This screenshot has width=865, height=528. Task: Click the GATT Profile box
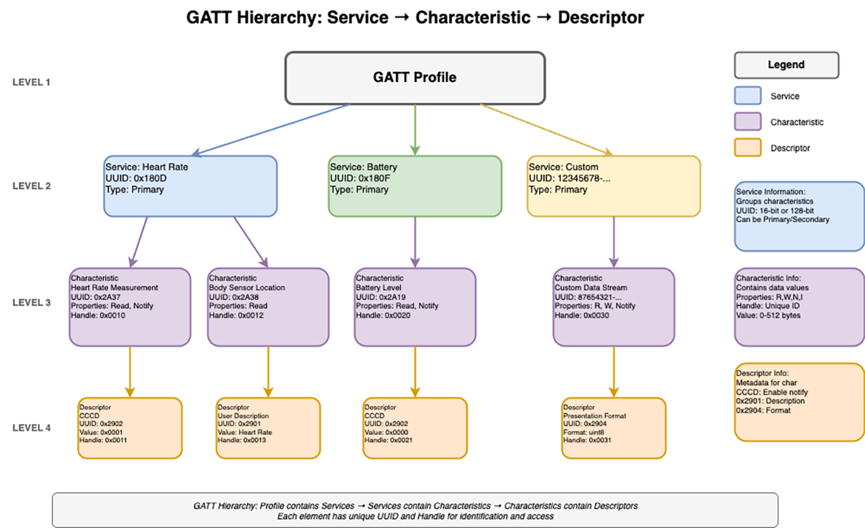(414, 77)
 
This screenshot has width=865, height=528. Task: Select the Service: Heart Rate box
(190, 186)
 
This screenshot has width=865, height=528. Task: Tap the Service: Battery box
(414, 186)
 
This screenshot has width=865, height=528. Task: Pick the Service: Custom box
(613, 186)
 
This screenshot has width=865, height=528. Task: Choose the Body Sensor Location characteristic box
(267, 307)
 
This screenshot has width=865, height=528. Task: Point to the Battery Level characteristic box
(415, 307)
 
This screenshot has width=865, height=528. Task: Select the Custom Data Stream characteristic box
(613, 307)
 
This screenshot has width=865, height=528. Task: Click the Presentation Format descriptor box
(613, 428)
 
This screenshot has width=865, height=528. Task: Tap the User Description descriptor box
(267, 428)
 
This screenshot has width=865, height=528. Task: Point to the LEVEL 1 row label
(32, 82)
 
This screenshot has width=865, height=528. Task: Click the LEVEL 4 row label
(32, 428)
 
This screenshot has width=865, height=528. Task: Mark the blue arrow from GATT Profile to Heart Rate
(270, 130)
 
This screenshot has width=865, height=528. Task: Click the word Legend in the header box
(786, 65)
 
